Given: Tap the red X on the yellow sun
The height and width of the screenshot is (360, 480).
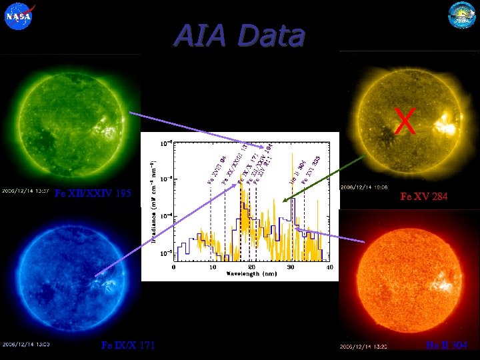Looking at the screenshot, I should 405,121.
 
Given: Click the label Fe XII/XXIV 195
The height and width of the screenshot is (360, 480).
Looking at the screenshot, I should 94,194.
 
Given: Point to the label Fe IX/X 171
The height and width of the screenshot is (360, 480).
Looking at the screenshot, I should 127,345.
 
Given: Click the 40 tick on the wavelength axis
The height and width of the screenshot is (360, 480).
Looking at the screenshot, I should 329,267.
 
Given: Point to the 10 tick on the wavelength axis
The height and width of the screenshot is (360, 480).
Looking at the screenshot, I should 213,267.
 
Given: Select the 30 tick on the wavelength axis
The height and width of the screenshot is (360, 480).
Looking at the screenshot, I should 291,267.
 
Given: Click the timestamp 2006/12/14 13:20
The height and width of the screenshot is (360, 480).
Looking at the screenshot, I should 364,346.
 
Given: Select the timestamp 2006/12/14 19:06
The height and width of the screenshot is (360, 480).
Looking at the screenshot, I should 364,188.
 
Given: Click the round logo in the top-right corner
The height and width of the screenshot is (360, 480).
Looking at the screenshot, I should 462,15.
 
